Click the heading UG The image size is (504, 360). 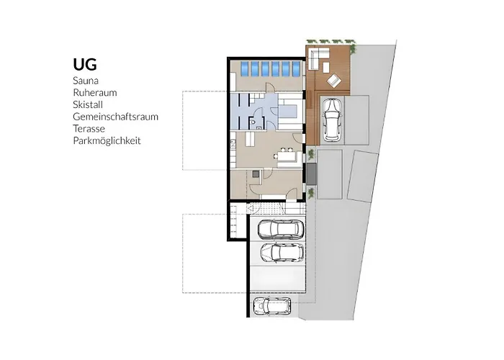(85, 64)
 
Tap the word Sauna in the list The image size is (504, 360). (86, 81)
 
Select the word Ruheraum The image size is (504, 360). (95, 93)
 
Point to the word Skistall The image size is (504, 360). (88, 104)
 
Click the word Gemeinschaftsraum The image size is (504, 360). (116, 117)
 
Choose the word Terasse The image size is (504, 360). (89, 129)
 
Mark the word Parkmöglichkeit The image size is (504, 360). (107, 141)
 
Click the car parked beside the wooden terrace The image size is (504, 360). (332, 120)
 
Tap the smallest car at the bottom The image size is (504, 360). (272, 306)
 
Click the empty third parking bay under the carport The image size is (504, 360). (277, 278)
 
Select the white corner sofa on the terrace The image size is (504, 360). (318, 58)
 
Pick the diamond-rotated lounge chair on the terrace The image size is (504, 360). (334, 80)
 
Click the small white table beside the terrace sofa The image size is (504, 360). (326, 67)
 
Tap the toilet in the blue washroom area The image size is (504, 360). (253, 122)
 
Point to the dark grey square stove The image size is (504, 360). (256, 174)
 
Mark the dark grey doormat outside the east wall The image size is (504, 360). (311, 174)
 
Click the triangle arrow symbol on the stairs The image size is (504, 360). (251, 208)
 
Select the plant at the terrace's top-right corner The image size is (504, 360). (353, 48)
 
